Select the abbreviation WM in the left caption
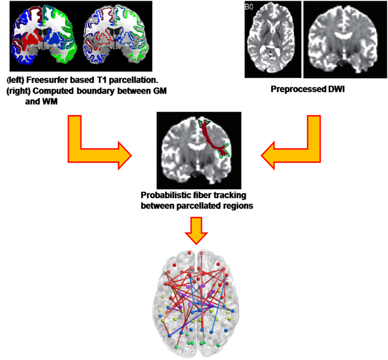44,95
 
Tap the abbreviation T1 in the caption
94,78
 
